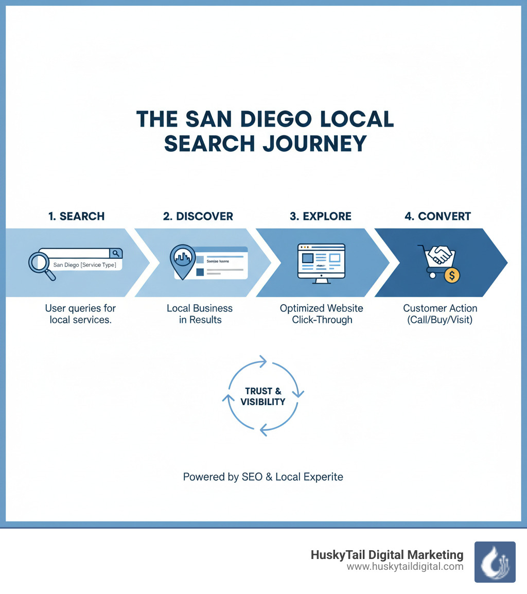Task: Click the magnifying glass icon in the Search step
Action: (x=41, y=264)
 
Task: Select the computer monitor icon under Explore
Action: (x=321, y=261)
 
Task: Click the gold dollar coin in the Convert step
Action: (x=451, y=275)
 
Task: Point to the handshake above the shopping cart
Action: (x=441, y=254)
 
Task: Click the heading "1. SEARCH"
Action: (x=76, y=216)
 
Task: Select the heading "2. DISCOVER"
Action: (x=198, y=216)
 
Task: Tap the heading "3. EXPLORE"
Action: (x=320, y=216)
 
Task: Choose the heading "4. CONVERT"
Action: (x=437, y=216)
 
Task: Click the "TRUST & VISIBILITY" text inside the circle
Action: (x=263, y=396)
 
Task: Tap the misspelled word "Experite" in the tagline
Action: (x=322, y=477)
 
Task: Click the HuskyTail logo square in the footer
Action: (x=495, y=562)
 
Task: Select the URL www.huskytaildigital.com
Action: (x=405, y=567)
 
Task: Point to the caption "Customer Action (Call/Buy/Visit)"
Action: (x=440, y=314)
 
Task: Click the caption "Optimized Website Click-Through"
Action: (x=321, y=314)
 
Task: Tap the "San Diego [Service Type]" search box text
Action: (x=84, y=266)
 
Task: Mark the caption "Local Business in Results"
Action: (x=200, y=314)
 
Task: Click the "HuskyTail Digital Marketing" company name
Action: (x=387, y=555)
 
